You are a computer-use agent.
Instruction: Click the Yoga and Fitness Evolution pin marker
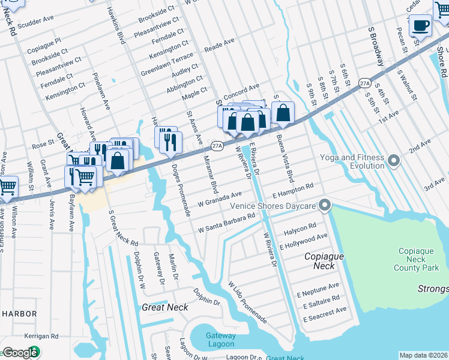[394, 160]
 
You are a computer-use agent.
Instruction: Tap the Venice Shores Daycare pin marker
[325, 206]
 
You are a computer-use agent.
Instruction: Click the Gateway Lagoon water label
[220, 340]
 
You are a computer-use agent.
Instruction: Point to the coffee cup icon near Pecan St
[420, 26]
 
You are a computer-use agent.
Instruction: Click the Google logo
[20, 352]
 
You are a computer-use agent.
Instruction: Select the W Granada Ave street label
[220, 196]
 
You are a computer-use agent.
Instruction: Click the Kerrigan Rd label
[41, 337]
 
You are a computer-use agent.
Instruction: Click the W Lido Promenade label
[247, 301]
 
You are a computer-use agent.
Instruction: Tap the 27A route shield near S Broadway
[364, 82]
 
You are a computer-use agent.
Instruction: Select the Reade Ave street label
[219, 45]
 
